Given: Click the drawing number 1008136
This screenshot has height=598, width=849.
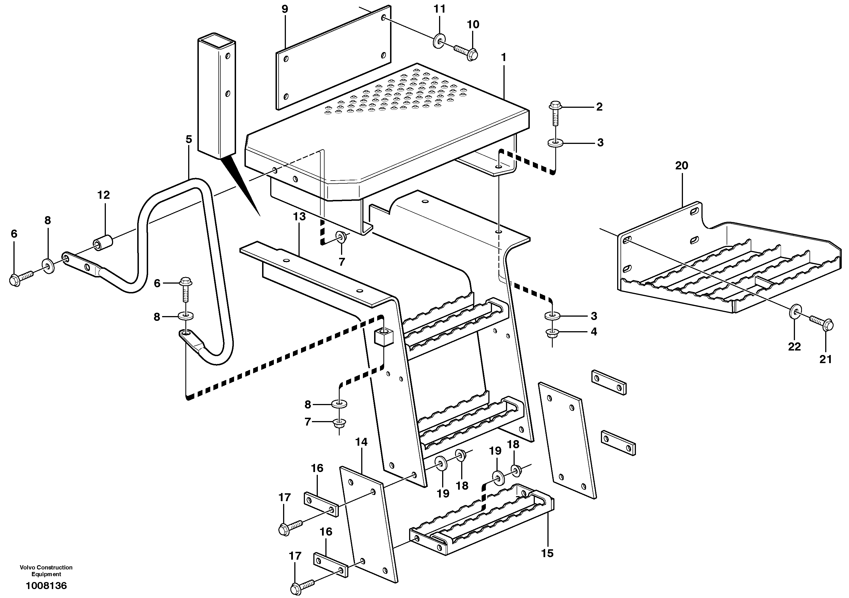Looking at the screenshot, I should click(x=46, y=586).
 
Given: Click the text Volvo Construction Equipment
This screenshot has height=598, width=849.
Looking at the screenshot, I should click(x=46, y=571).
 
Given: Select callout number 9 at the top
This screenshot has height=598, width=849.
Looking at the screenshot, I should click(x=284, y=9).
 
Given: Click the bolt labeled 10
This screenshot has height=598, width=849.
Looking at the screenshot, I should click(x=467, y=53).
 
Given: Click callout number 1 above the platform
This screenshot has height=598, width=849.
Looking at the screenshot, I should click(x=503, y=57).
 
